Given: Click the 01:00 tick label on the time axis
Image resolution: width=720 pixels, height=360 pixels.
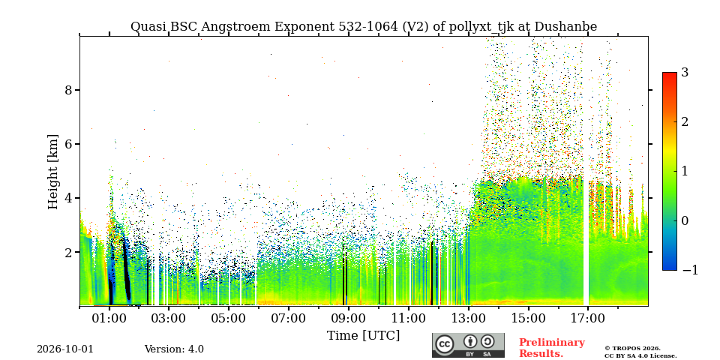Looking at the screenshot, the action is click(109, 318).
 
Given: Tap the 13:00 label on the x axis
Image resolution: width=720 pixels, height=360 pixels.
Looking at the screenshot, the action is click(468, 318).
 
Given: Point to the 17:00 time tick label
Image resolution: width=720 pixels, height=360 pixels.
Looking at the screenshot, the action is click(588, 318).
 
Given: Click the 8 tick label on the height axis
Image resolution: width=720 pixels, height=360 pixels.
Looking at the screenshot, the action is click(68, 90).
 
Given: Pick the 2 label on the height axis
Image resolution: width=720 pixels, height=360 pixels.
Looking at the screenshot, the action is click(68, 252).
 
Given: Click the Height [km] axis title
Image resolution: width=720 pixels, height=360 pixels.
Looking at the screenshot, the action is click(53, 172).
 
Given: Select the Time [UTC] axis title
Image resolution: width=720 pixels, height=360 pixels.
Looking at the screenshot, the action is click(363, 336).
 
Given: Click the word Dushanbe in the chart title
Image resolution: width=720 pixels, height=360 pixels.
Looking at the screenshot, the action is click(567, 27).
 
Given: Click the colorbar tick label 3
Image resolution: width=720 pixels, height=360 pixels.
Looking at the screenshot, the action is click(685, 72).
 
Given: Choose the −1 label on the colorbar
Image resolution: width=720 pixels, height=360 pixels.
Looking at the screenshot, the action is click(690, 270).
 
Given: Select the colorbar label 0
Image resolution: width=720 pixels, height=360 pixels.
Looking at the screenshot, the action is click(685, 220).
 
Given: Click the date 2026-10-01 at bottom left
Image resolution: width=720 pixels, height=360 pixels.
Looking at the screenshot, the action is click(65, 349).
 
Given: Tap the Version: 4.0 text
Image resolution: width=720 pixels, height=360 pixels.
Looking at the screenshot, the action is click(174, 349).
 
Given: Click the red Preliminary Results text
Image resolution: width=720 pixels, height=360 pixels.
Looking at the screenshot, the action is click(552, 348).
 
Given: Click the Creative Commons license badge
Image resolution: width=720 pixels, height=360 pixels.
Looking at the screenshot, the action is click(468, 345).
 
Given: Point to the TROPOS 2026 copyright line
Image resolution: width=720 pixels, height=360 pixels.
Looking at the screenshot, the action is click(632, 349).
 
